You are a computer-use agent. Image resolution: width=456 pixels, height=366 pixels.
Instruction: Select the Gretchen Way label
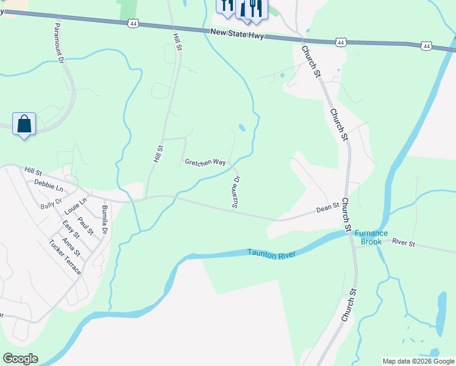pos(205,163)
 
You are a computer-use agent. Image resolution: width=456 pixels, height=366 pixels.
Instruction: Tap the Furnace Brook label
pos(368,237)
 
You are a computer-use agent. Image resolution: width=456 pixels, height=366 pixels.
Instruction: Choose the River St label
pos(403,243)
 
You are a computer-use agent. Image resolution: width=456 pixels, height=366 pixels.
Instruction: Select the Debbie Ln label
pos(49,184)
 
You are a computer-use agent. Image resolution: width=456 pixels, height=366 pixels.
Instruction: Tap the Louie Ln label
pos(76,206)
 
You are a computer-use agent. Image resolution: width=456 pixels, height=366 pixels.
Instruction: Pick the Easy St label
pos(71,231)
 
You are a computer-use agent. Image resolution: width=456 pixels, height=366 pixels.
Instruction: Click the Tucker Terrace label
pos(65,256)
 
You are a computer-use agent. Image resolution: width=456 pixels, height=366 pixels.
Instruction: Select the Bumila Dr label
pos(105,219)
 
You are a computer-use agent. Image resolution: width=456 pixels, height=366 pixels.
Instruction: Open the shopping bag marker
pos(24,124)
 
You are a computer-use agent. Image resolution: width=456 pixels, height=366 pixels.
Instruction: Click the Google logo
pos(20,359)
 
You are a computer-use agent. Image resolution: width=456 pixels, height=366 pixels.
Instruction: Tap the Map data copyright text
pos(418,361)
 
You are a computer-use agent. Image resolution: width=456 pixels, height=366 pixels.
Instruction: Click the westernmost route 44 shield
pos(133,23)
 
